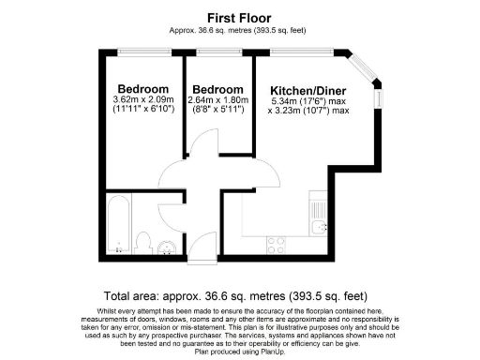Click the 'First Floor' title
[239, 17]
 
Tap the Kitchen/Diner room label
[302, 90]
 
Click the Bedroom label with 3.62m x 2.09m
[137, 89]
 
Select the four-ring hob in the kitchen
[277, 245]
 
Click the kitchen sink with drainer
[317, 210]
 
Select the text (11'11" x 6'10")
[137, 110]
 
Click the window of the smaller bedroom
[217, 51]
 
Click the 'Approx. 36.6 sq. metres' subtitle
[239, 29]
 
